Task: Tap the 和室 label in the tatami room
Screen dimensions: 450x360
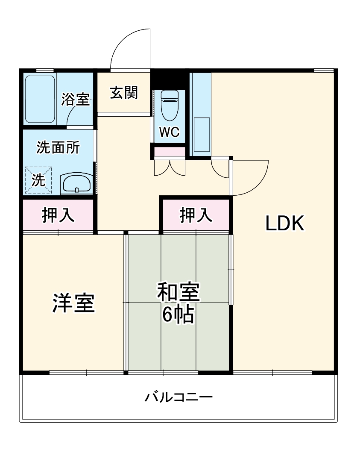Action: tap(178, 293)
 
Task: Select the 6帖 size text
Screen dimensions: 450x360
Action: tap(178, 315)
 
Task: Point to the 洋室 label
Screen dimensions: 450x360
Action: tap(73, 303)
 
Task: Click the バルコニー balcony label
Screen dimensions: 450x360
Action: tap(179, 398)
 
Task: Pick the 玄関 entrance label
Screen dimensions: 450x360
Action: tap(124, 93)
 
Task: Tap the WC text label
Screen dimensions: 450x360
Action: tap(170, 132)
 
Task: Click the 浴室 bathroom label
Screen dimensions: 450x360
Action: tap(75, 100)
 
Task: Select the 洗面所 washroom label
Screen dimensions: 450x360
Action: tap(58, 148)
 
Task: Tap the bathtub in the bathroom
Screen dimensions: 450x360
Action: tap(40, 99)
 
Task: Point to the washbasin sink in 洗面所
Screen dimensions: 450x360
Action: tap(76, 184)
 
